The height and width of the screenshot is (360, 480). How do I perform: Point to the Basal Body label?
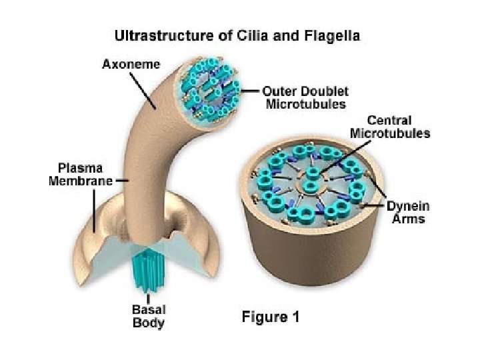(x=148, y=316)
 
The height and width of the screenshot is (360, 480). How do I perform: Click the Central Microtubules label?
(x=390, y=127)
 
